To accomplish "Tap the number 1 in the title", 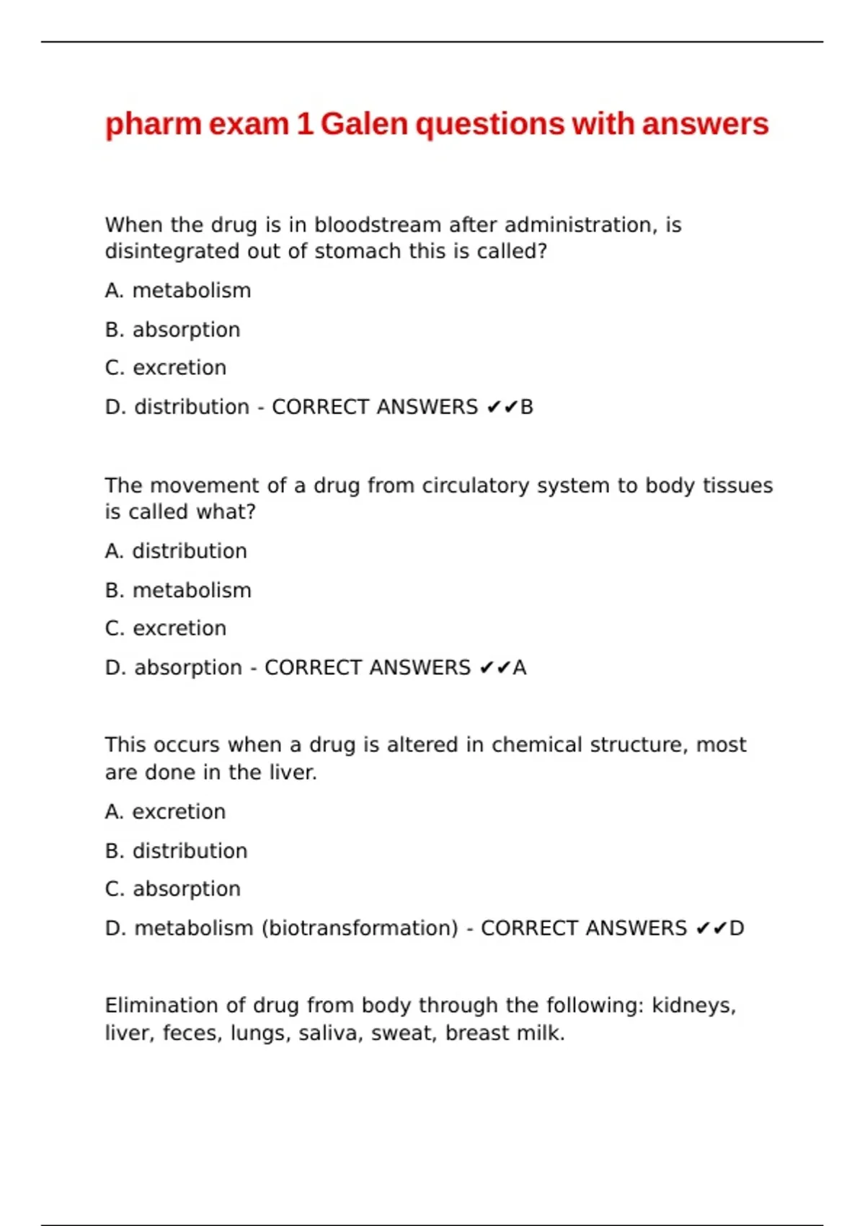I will coord(304,124).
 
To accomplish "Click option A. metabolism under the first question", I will coord(178,291).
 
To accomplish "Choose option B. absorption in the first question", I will coord(172,330).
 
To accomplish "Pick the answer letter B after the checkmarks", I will coord(527,407).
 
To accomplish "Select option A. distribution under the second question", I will coord(176,551).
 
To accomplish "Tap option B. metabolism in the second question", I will coord(178,591).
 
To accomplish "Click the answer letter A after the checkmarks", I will coord(520,668).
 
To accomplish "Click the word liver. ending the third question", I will coord(293,772).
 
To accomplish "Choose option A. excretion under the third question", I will coord(165,812).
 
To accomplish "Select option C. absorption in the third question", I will coord(172,889).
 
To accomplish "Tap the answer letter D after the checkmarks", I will coord(737,928).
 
